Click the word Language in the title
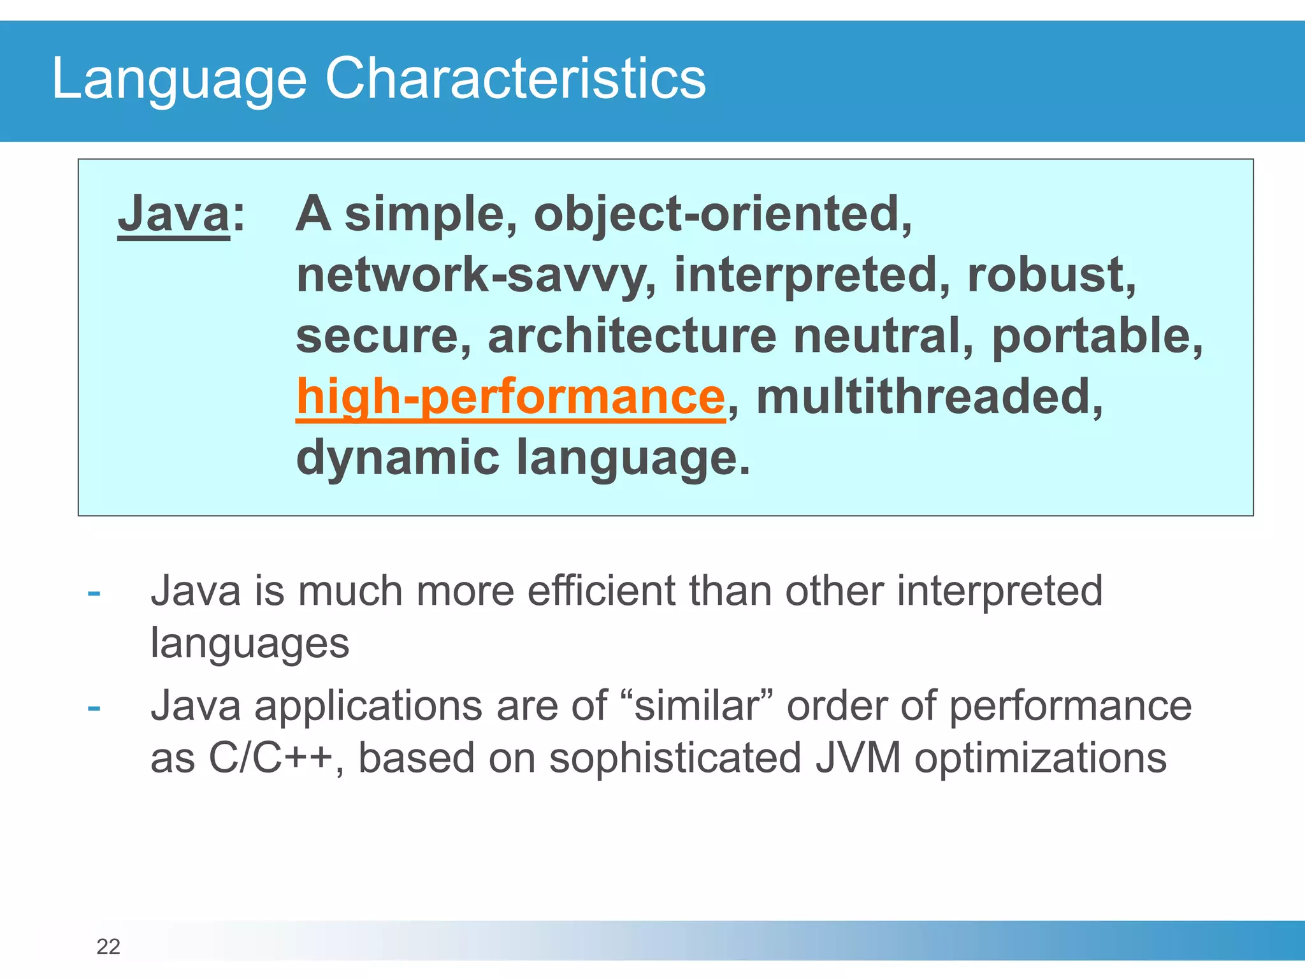[x=179, y=79]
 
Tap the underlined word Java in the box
[x=173, y=214]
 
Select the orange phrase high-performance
[x=510, y=397]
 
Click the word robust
[x=1050, y=275]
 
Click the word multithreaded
[x=928, y=397]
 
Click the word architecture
[x=631, y=337]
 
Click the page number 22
[x=108, y=947]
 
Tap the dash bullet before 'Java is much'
[x=94, y=593]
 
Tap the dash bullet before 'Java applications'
[x=94, y=708]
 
